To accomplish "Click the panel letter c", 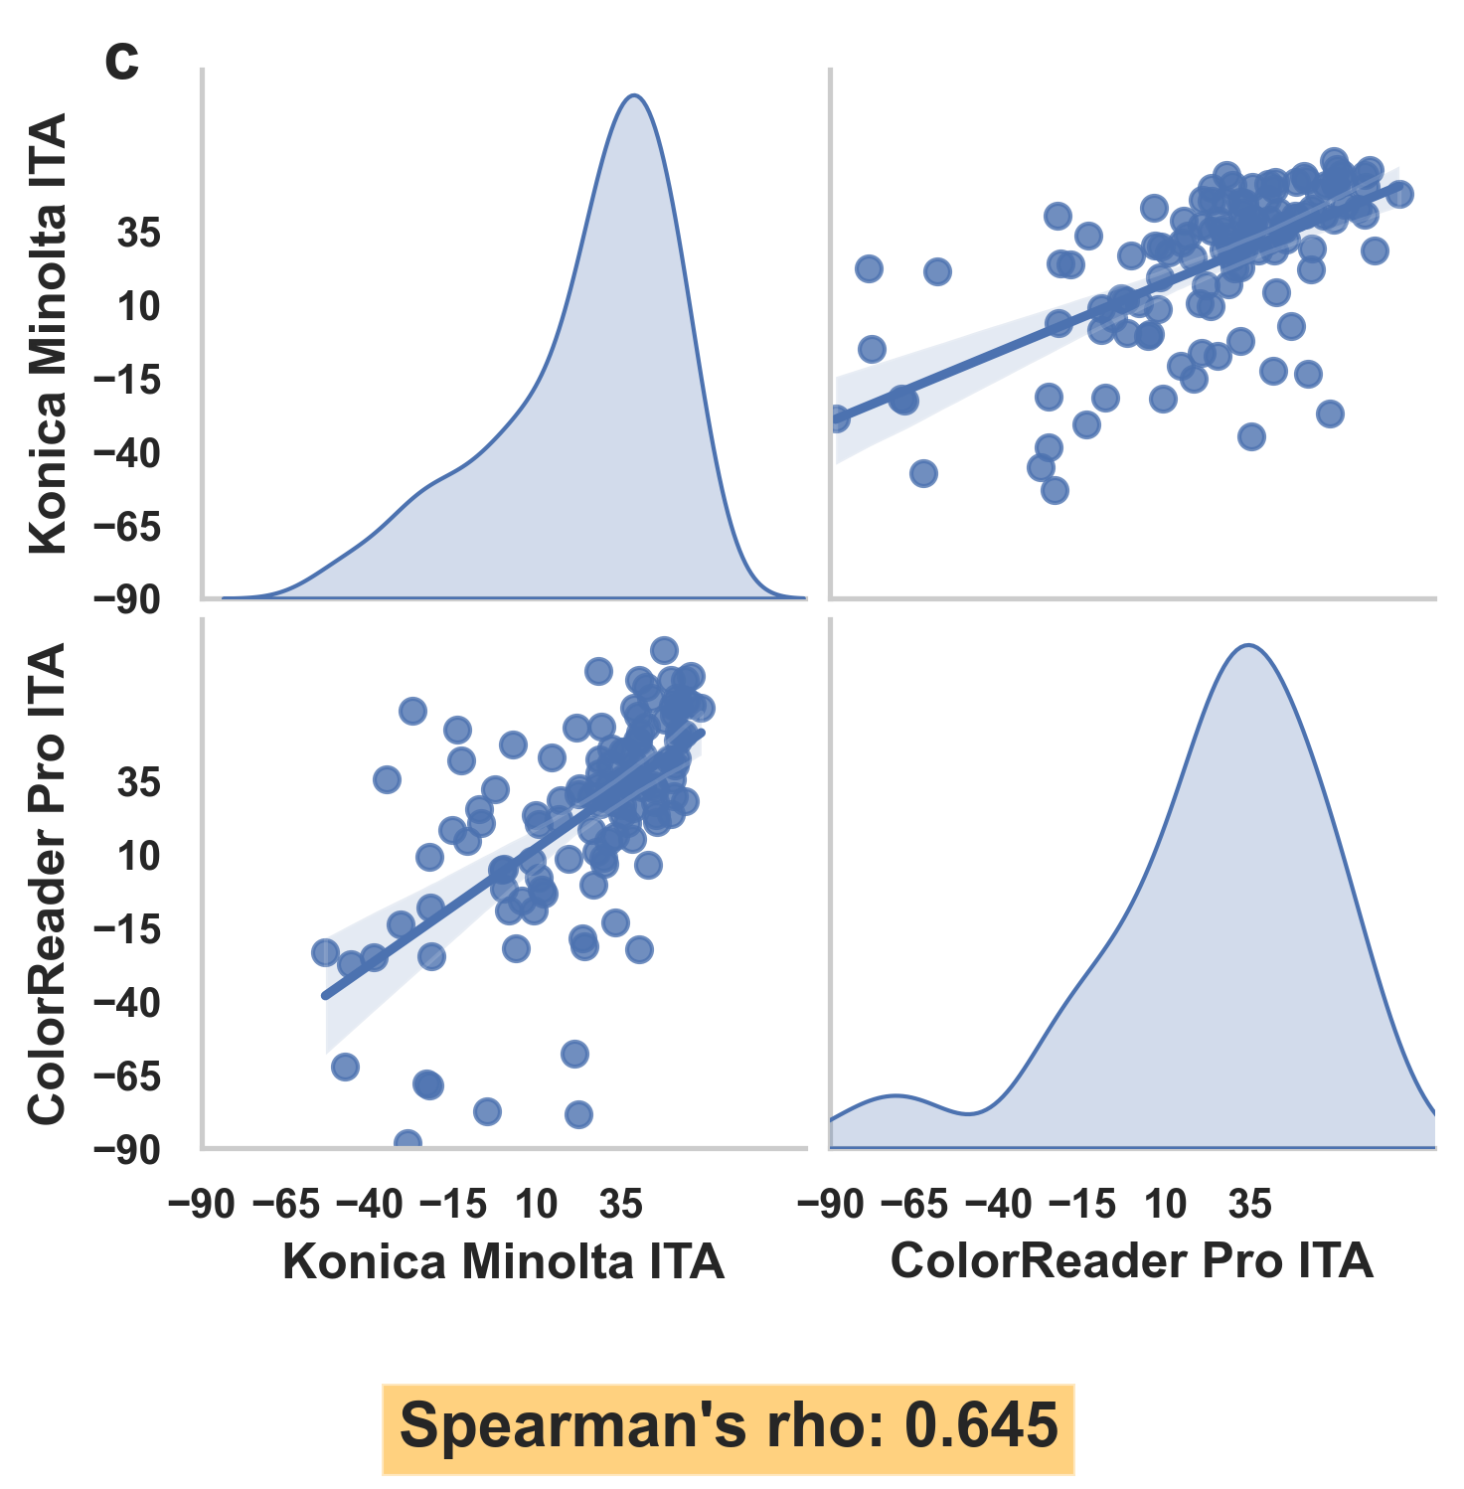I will [x=122, y=63].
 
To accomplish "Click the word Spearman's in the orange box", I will [x=571, y=1425].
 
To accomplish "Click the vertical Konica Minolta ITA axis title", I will [x=48, y=333].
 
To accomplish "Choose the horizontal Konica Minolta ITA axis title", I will [x=503, y=1261].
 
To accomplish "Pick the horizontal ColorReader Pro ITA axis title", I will [x=1131, y=1261].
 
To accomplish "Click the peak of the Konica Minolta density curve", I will [x=633, y=96].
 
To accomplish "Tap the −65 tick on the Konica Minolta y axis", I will [x=126, y=527].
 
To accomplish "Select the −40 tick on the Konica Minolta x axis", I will [x=370, y=1205].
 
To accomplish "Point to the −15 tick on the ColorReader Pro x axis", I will [x=1082, y=1205].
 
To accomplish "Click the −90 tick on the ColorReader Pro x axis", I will [x=831, y=1205].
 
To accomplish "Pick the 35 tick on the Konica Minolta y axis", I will [x=138, y=234].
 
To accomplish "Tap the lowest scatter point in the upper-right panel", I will [x=1055, y=490].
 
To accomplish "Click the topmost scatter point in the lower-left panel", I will [x=663, y=651].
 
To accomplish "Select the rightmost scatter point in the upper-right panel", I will [x=1399, y=194].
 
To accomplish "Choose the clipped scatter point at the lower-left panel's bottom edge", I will [x=407, y=1143].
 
